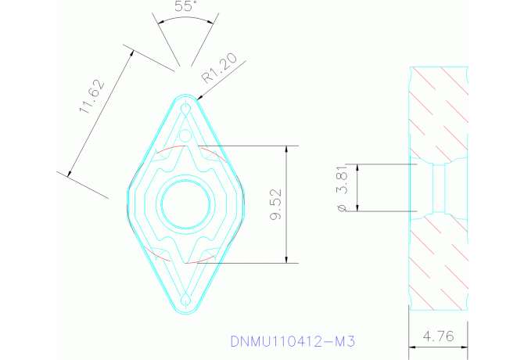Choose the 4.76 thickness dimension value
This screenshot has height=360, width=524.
coord(437,336)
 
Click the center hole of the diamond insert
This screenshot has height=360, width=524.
coord(185,205)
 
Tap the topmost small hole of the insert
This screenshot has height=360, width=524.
coord(185,106)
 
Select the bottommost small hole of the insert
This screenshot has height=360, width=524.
coord(185,301)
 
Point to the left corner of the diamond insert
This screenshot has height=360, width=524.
coord(129,205)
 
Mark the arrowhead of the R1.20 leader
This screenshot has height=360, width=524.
coord(200,98)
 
